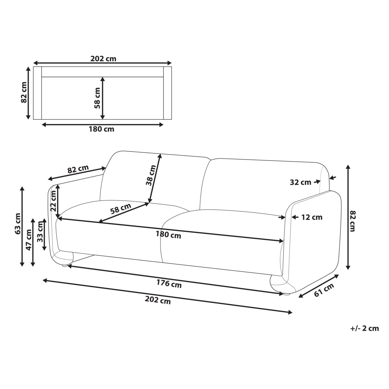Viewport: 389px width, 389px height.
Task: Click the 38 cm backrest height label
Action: click(151, 175)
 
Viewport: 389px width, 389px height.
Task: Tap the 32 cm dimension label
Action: click(300, 182)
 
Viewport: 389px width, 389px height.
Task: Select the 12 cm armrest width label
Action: click(312, 217)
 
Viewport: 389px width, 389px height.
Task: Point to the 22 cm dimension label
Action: click(53, 200)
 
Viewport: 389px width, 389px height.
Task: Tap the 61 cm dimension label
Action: click(324, 290)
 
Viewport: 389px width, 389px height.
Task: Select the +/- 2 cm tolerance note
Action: click(364, 328)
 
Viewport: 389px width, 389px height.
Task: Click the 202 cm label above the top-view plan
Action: click(103, 59)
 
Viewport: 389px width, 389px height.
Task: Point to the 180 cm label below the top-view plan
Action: click(101, 129)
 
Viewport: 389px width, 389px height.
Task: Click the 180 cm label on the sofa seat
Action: click(169, 235)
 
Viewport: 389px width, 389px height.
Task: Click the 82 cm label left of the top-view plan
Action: click(23, 92)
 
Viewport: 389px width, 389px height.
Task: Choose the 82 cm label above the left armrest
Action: click(78, 170)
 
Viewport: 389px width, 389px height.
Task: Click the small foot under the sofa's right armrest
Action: click(286, 294)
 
